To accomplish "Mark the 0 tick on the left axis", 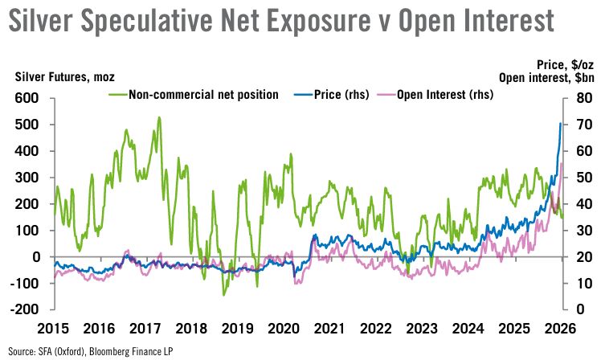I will click(x=35, y=256).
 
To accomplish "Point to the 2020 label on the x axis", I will click(x=283, y=329).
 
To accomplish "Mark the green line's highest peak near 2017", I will click(x=158, y=118).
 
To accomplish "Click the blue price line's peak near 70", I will click(x=560, y=123).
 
